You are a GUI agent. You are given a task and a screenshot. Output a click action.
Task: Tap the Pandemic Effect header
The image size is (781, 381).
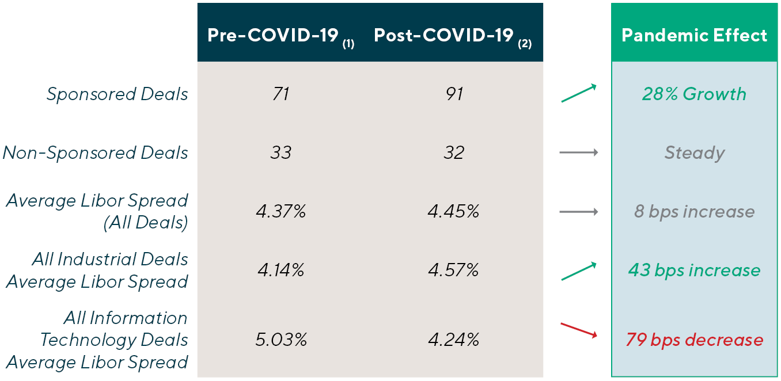(x=694, y=36)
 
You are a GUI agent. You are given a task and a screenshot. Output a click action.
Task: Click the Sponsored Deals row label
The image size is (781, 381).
(x=117, y=94)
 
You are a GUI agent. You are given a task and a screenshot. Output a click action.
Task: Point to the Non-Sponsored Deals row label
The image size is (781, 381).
(x=96, y=153)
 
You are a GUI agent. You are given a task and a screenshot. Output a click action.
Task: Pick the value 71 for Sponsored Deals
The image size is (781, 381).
(x=280, y=94)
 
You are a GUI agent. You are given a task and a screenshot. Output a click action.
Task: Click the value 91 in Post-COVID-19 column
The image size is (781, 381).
(x=454, y=94)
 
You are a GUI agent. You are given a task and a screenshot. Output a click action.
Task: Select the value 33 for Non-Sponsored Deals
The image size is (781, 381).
(x=280, y=153)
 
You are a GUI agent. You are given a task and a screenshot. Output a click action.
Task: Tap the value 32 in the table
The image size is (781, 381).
(x=454, y=153)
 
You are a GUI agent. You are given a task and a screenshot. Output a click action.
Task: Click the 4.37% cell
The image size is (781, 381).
(x=280, y=212)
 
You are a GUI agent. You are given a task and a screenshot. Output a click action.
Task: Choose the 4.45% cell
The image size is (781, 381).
(x=454, y=212)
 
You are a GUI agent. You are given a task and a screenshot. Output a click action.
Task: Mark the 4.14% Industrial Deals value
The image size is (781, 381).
(x=280, y=270)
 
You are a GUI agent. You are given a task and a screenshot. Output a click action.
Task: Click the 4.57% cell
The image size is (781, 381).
(x=454, y=270)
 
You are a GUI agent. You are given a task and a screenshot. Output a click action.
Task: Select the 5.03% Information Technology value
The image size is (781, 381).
(x=280, y=340)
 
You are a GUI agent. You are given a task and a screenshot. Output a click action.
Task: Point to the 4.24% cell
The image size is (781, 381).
(x=454, y=340)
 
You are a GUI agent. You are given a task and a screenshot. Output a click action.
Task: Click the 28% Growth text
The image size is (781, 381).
(x=694, y=94)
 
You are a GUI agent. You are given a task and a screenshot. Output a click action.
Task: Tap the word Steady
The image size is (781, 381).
(x=694, y=153)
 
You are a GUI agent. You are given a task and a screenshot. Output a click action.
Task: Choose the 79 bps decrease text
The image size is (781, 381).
(x=694, y=340)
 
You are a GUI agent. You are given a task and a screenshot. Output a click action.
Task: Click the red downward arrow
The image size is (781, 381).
(x=579, y=330)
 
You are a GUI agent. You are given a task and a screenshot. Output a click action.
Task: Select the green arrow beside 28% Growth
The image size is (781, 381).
(x=578, y=93)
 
